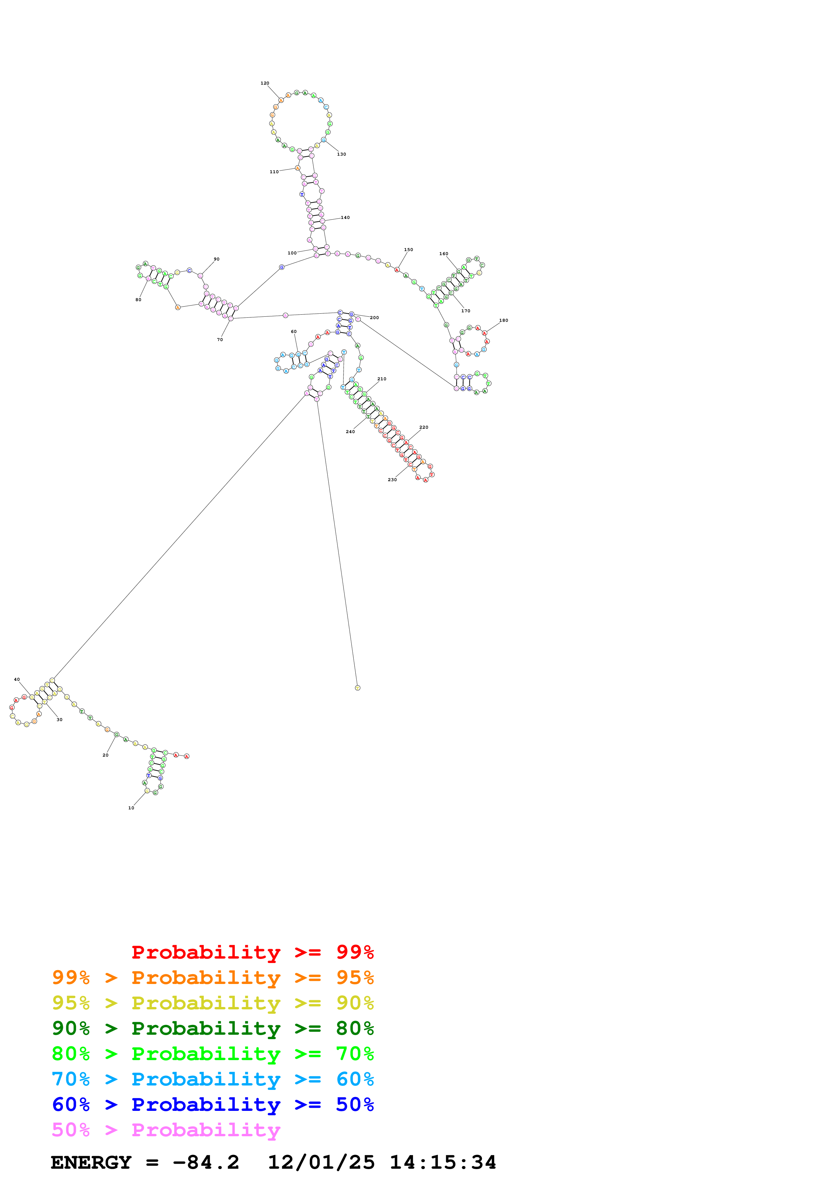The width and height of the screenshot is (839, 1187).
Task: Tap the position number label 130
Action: pyautogui.click(x=342, y=154)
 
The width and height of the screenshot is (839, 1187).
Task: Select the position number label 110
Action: pyautogui.click(x=274, y=172)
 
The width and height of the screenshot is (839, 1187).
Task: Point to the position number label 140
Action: pyautogui.click(x=345, y=218)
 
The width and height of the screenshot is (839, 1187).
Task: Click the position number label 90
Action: pyautogui.click(x=217, y=259)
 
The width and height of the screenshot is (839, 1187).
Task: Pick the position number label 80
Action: pyautogui.click(x=138, y=300)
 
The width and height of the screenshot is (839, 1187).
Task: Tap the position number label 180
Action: pyautogui.click(x=504, y=320)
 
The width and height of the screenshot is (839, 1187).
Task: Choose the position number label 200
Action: pyautogui.click(x=374, y=317)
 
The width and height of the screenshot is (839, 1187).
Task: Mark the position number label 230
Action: pyautogui.click(x=392, y=480)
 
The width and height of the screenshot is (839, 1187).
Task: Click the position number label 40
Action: pyautogui.click(x=17, y=679)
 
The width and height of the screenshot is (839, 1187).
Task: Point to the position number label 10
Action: pyautogui.click(x=131, y=808)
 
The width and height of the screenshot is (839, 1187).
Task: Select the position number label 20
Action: pyautogui.click(x=106, y=755)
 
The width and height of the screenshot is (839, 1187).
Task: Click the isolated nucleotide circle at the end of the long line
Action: pyautogui.click(x=357, y=688)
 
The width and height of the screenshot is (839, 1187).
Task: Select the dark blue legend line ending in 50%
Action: pyautogui.click(x=213, y=1104)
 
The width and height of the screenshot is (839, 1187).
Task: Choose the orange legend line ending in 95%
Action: pyautogui.click(x=213, y=977)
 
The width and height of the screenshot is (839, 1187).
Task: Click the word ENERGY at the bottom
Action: pyautogui.click(x=91, y=1162)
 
